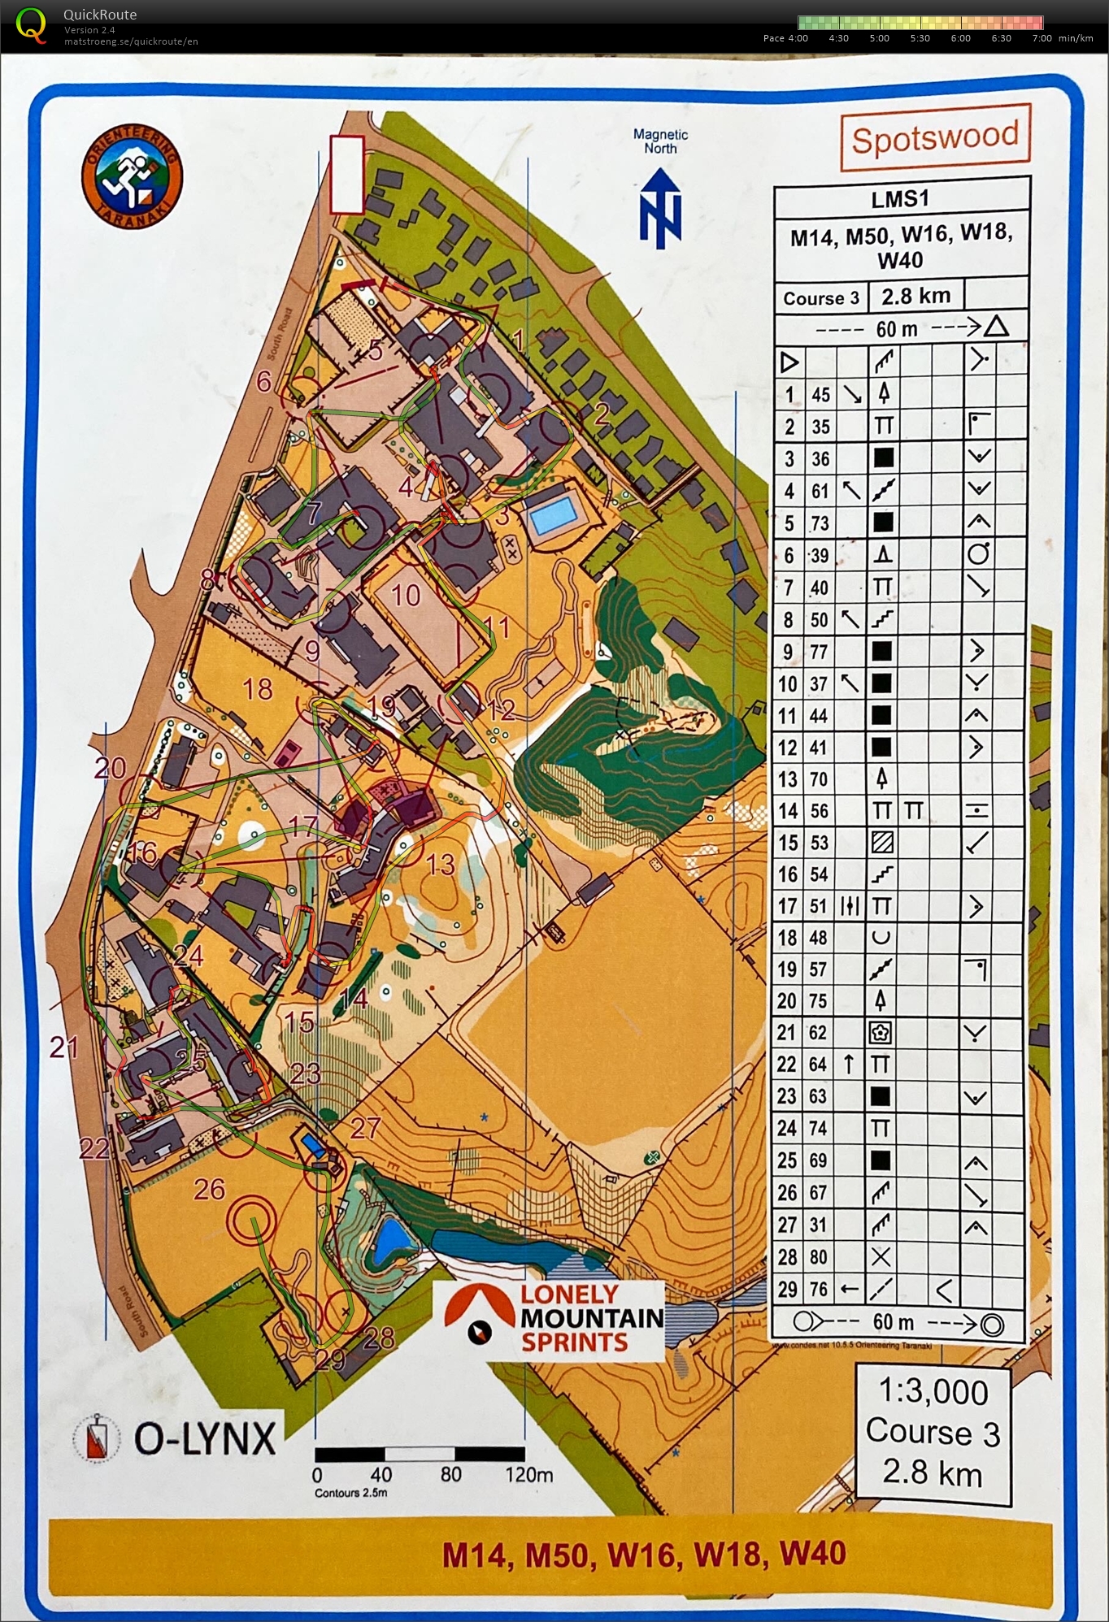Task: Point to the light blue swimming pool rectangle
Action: tap(553, 515)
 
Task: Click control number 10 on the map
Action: tap(406, 596)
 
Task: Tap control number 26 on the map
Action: tap(209, 1189)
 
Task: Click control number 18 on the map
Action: tap(258, 689)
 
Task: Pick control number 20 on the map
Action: tap(110, 767)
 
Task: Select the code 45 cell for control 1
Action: tap(821, 395)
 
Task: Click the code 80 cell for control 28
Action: tap(818, 1257)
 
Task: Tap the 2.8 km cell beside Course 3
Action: tap(915, 296)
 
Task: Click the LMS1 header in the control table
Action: tap(900, 198)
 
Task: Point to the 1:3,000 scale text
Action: tap(933, 1392)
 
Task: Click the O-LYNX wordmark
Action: tap(205, 1439)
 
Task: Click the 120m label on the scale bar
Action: tap(528, 1474)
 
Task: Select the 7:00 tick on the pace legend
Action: tap(1042, 38)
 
